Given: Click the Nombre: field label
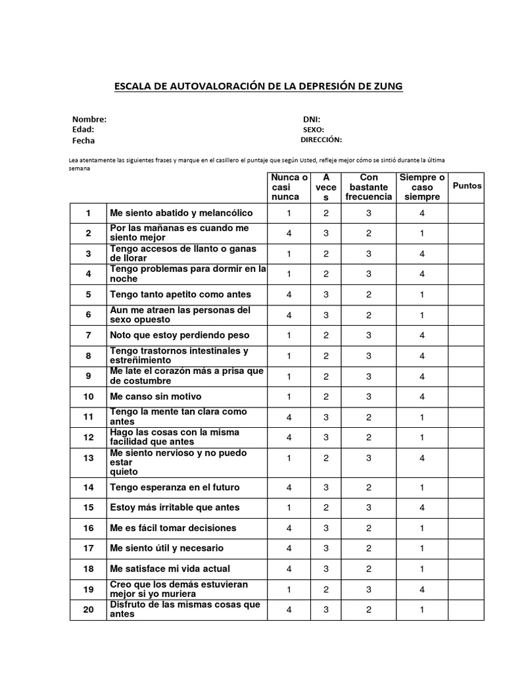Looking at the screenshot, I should point(89,119).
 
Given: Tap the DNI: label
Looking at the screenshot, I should point(311,119).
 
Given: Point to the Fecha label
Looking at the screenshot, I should point(84,140).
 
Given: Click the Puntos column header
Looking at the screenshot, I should point(467,186).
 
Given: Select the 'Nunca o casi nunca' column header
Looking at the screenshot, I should point(289,187).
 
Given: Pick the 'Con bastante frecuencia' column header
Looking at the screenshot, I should point(369,187).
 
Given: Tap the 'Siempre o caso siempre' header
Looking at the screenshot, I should point(422,187).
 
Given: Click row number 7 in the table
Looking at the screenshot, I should point(88,335).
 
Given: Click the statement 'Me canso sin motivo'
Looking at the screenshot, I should point(156,396).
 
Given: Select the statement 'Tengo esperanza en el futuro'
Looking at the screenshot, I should point(175,487).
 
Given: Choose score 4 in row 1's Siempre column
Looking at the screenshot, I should point(422,213).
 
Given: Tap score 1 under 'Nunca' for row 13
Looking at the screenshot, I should point(289,457).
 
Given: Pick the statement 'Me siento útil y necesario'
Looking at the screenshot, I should point(167,548).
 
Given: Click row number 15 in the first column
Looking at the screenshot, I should point(88,507).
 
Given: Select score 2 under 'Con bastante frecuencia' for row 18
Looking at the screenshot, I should point(369,568).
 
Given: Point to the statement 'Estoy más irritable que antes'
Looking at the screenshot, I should point(175,507).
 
